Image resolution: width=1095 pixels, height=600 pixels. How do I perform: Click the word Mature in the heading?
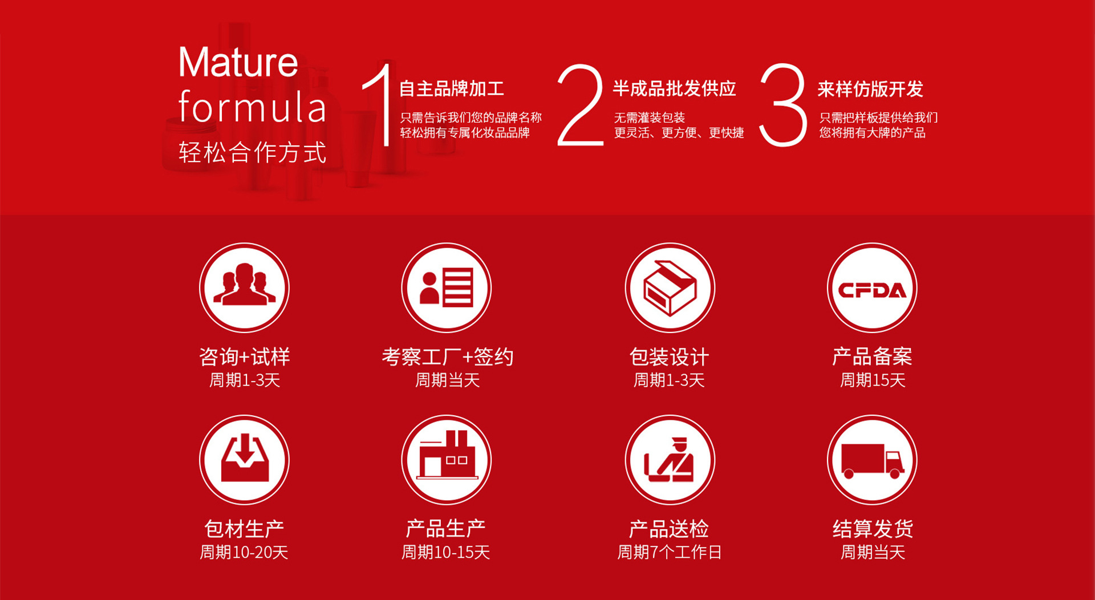coord(238,62)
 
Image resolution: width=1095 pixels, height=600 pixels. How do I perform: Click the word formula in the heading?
coord(252,107)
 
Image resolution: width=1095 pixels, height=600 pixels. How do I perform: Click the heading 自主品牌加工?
coord(452,89)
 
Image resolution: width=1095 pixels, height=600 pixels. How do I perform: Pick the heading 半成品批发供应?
coord(675,89)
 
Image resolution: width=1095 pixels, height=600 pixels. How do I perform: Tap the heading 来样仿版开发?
coord(870,89)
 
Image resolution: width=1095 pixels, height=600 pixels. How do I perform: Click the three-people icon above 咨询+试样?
coord(244,287)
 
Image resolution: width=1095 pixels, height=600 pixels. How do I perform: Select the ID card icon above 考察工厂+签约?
coord(447,287)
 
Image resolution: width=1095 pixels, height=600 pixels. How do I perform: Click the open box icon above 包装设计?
coord(670,287)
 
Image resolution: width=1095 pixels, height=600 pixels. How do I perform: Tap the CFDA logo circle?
coord(873,287)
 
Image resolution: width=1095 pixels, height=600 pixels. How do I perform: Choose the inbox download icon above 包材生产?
coord(244,460)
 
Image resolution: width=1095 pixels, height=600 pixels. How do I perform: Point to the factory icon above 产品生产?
coord(447,460)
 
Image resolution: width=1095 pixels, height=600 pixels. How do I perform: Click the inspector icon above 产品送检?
coord(670,460)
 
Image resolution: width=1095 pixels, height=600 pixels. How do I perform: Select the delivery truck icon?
coord(873,460)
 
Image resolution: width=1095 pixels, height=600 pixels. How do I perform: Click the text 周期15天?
coord(873,380)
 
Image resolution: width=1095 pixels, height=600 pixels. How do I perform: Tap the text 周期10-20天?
coord(244,552)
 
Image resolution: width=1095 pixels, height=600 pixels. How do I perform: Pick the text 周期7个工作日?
coord(670,552)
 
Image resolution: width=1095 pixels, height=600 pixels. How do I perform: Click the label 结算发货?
coord(873,529)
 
